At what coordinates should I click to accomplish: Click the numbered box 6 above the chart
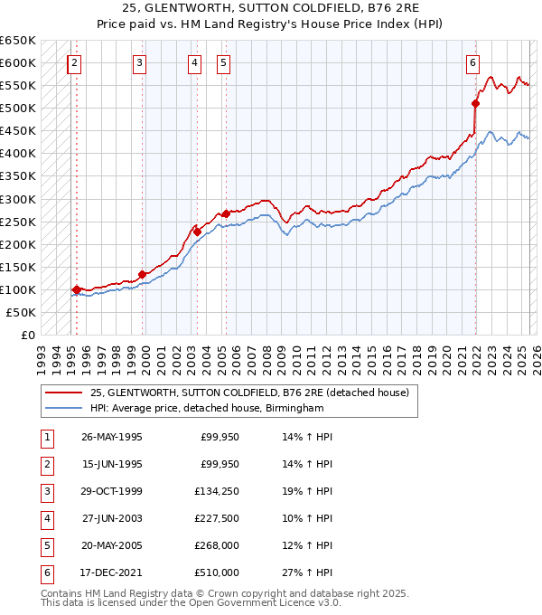click(472, 62)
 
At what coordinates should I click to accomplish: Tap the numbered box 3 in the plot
click(140, 62)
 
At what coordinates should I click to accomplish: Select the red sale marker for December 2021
click(475, 103)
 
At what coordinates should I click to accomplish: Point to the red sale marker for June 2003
click(197, 232)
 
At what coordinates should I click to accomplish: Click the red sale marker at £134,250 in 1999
click(143, 274)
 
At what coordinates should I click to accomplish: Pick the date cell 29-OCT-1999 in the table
click(112, 491)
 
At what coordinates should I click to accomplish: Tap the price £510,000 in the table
click(218, 572)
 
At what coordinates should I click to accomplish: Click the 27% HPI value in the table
click(313, 572)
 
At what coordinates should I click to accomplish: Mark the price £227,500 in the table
click(218, 518)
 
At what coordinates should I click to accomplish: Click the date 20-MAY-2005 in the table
click(112, 545)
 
